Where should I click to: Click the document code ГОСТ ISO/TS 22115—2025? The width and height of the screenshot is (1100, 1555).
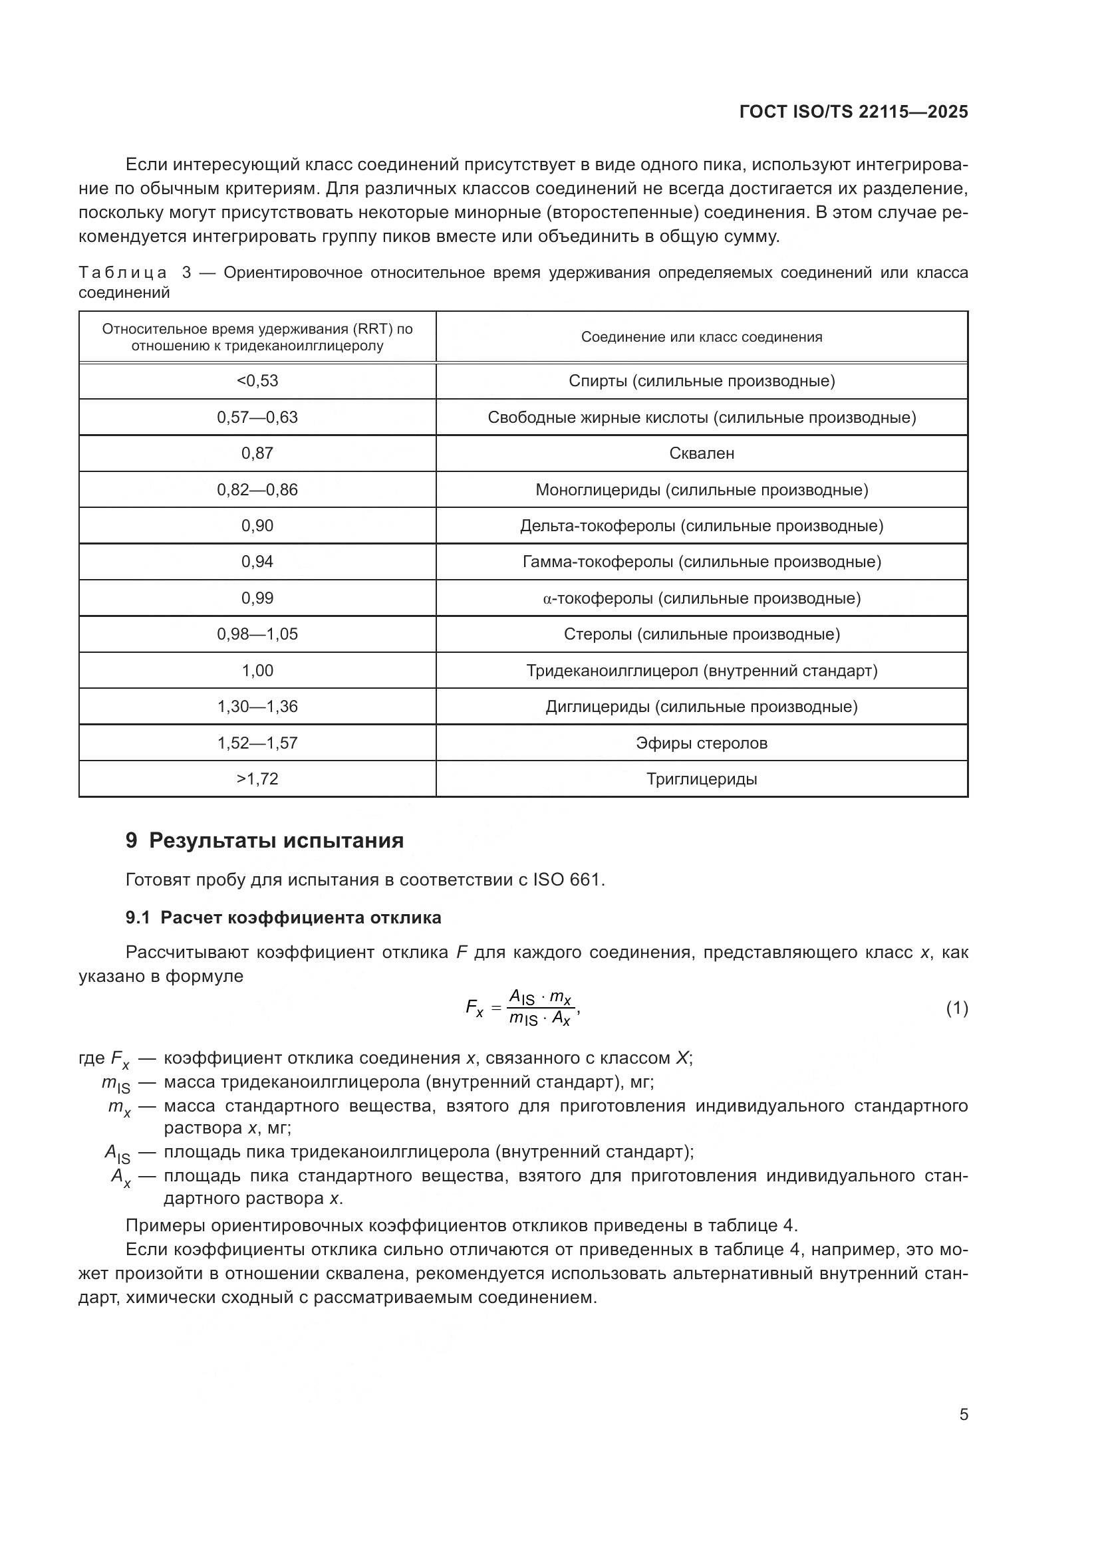click(853, 112)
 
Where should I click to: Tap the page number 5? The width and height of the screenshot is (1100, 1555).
click(963, 1415)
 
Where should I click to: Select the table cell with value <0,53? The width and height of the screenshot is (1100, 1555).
click(257, 381)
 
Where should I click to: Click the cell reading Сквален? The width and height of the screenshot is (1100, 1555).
click(701, 453)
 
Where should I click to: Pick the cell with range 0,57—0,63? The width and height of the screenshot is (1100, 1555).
click(257, 418)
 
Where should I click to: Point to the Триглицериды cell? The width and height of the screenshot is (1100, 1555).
click(701, 779)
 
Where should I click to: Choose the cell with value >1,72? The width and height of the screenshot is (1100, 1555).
click(257, 779)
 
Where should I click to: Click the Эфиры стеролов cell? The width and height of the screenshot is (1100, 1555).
click(701, 743)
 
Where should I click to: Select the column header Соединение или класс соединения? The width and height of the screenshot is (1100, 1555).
click(701, 337)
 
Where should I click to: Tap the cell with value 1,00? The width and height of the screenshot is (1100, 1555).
click(257, 671)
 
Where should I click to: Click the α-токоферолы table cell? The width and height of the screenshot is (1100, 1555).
click(701, 598)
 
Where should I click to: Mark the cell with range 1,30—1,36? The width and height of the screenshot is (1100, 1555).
click(257, 707)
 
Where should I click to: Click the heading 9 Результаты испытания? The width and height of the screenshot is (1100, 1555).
click(264, 840)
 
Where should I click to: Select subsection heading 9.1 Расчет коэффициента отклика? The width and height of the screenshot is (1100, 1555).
click(283, 917)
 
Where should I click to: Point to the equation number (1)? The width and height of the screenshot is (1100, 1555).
click(956, 1009)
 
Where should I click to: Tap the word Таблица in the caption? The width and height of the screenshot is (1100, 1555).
click(122, 273)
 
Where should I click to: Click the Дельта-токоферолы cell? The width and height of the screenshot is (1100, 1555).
click(701, 526)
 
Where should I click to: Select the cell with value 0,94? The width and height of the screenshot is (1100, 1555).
click(257, 562)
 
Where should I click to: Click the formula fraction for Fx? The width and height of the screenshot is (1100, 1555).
click(541, 1008)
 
